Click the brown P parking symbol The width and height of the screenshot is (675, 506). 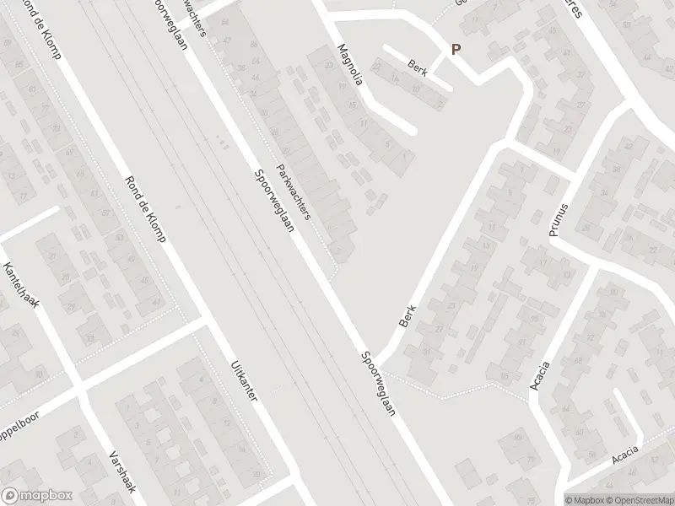click(x=456, y=50)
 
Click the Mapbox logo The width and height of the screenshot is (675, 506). click(x=37, y=496)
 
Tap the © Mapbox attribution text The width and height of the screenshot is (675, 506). click(x=585, y=499)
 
